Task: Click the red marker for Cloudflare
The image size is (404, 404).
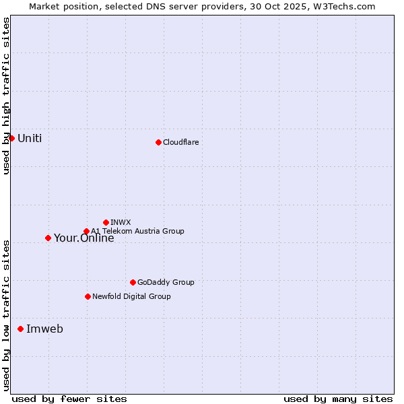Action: point(158,142)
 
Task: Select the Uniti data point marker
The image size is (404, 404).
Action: point(11,138)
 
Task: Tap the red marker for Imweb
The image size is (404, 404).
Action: point(20,329)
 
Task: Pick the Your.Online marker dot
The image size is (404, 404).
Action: point(48,238)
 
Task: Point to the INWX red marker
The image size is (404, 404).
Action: point(106,222)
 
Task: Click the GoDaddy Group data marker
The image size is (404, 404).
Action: point(133,282)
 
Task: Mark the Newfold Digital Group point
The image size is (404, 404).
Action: point(88,296)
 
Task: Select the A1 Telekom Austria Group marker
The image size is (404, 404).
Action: point(86,231)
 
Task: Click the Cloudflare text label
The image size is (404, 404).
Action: point(180,142)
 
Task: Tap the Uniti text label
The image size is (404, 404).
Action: point(30,138)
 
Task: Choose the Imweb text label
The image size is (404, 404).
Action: point(44,329)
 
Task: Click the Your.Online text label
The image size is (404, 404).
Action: point(83,238)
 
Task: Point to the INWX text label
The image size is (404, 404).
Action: point(121,222)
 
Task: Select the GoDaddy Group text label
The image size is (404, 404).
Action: point(165,282)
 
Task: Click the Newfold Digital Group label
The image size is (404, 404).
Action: point(131,296)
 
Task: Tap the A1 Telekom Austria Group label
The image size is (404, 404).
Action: point(137,231)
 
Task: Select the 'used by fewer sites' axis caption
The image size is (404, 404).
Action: point(69,399)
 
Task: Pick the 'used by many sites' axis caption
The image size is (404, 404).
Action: point(338,399)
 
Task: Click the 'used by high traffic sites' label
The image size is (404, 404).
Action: point(6,96)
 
